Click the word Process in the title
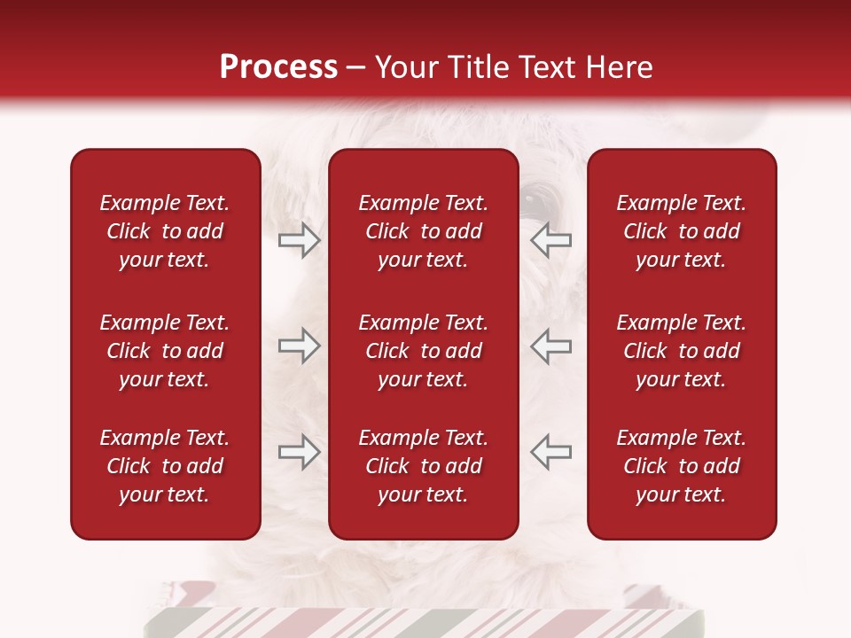[278, 67]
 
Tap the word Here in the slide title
[618, 67]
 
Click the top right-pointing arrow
[299, 240]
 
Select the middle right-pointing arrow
[299, 346]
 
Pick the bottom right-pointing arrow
[299, 452]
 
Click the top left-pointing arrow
[550, 240]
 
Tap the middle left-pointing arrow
[550, 346]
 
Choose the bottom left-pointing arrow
[550, 452]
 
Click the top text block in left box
[165, 231]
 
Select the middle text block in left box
[165, 351]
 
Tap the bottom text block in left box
[165, 466]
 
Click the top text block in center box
[423, 231]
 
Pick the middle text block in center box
[423, 351]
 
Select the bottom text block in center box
[423, 466]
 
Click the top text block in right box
[681, 231]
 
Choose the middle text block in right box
[681, 351]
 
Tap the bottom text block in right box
[681, 466]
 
